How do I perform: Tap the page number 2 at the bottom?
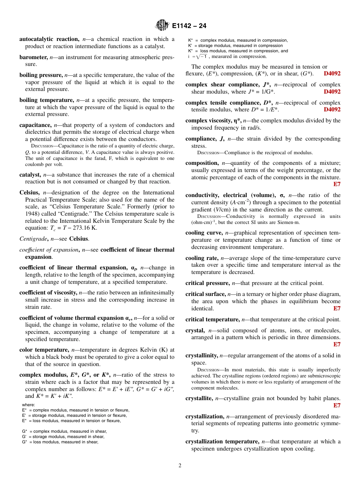[x=180, y=465]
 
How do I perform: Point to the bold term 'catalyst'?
[x=30, y=175]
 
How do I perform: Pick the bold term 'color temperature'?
[x=44, y=350]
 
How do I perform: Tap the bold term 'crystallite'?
[x=199, y=398]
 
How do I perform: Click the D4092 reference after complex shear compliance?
[x=332, y=92]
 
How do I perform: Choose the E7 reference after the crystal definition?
[x=337, y=344]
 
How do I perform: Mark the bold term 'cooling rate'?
[x=202, y=258]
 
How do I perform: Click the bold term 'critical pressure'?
[x=207, y=283]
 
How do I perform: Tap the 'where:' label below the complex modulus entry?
[x=29, y=405]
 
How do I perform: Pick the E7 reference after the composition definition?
[x=337, y=185]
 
